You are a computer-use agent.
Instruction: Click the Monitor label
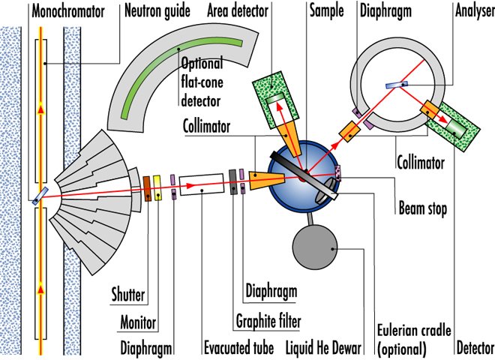(137, 323)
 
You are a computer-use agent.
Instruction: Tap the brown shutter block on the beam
(147, 187)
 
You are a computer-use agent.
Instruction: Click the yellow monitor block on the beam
(157, 187)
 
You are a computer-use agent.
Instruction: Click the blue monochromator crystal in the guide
(39, 196)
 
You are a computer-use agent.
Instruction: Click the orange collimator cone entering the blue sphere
(268, 178)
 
